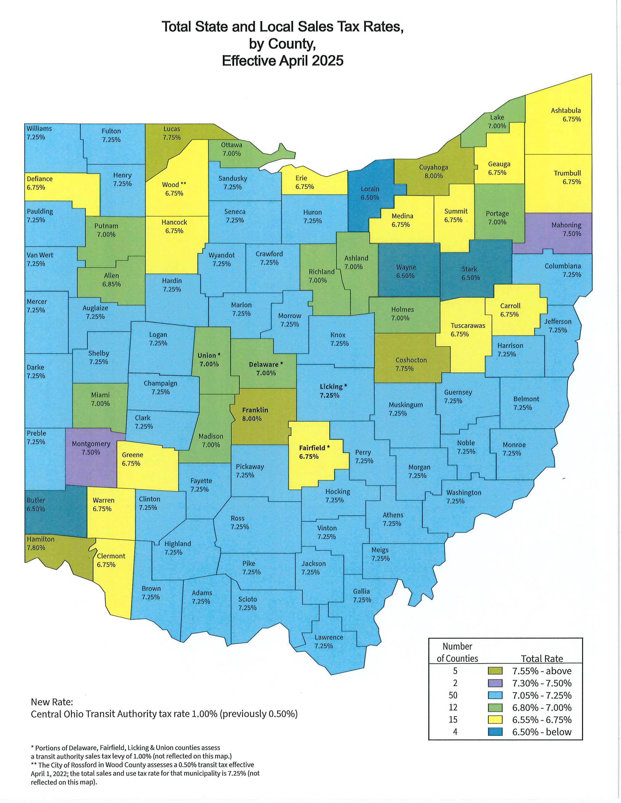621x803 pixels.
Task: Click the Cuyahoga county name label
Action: coord(433,167)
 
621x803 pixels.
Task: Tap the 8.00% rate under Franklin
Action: coord(252,418)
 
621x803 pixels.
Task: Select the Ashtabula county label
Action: coord(566,110)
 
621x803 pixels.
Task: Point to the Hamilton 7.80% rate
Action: coord(36,548)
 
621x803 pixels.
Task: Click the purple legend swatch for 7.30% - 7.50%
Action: coord(495,683)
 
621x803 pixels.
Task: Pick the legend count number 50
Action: coord(455,695)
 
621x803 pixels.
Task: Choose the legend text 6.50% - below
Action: coord(542,732)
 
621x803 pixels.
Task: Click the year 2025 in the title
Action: coord(327,60)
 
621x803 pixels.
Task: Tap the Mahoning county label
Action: coord(566,225)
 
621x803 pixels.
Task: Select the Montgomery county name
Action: coord(91,444)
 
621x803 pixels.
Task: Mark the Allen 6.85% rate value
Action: coord(112,284)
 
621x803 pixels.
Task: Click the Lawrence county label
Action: coord(329,637)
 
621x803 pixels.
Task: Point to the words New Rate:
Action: coord(52,702)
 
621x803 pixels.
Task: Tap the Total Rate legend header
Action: coord(542,658)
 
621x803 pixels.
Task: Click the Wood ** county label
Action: coord(174,185)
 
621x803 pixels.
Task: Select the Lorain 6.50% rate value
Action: coord(370,197)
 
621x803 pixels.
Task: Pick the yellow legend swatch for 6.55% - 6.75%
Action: coord(495,720)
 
